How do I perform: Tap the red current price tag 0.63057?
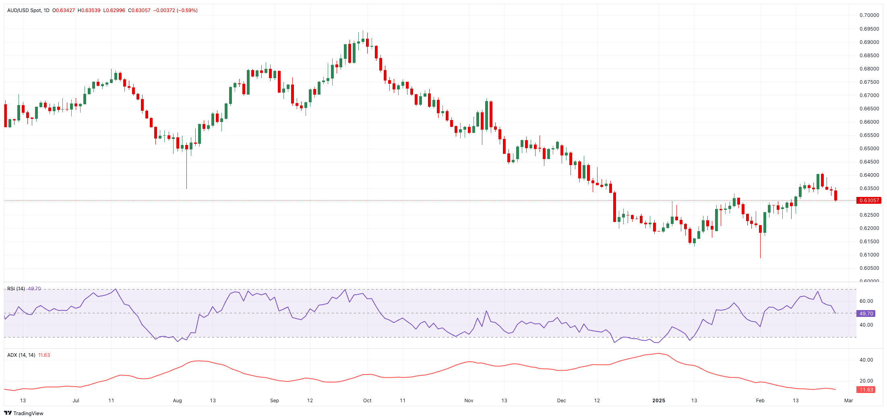click(869, 201)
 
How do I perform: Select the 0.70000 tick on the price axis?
click(869, 15)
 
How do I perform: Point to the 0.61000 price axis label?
click(869, 255)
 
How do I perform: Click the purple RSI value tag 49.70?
click(866, 314)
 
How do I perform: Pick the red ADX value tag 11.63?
click(866, 390)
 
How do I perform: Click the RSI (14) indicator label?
click(16, 289)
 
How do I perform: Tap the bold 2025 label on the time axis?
click(659, 401)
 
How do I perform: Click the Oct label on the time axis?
click(367, 401)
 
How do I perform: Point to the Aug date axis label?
click(177, 401)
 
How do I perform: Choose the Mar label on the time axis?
click(849, 401)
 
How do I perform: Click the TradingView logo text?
click(28, 414)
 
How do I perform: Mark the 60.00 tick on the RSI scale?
click(866, 301)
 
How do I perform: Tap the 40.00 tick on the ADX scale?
click(866, 360)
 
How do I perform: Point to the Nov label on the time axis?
click(469, 401)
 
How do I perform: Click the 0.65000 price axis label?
click(869, 149)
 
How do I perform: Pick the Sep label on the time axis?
click(274, 401)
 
